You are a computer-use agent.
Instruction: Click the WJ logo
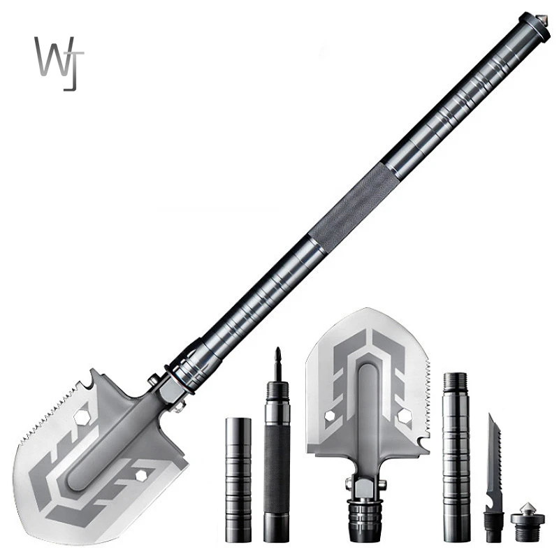59,63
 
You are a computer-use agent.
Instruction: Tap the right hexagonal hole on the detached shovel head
404,416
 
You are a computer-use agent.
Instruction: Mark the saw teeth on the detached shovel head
425,391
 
